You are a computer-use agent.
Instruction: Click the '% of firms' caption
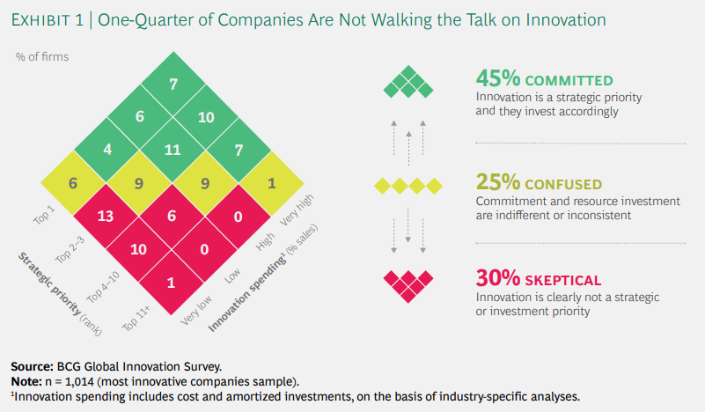point(41,57)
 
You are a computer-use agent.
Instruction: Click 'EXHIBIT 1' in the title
point(50,18)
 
